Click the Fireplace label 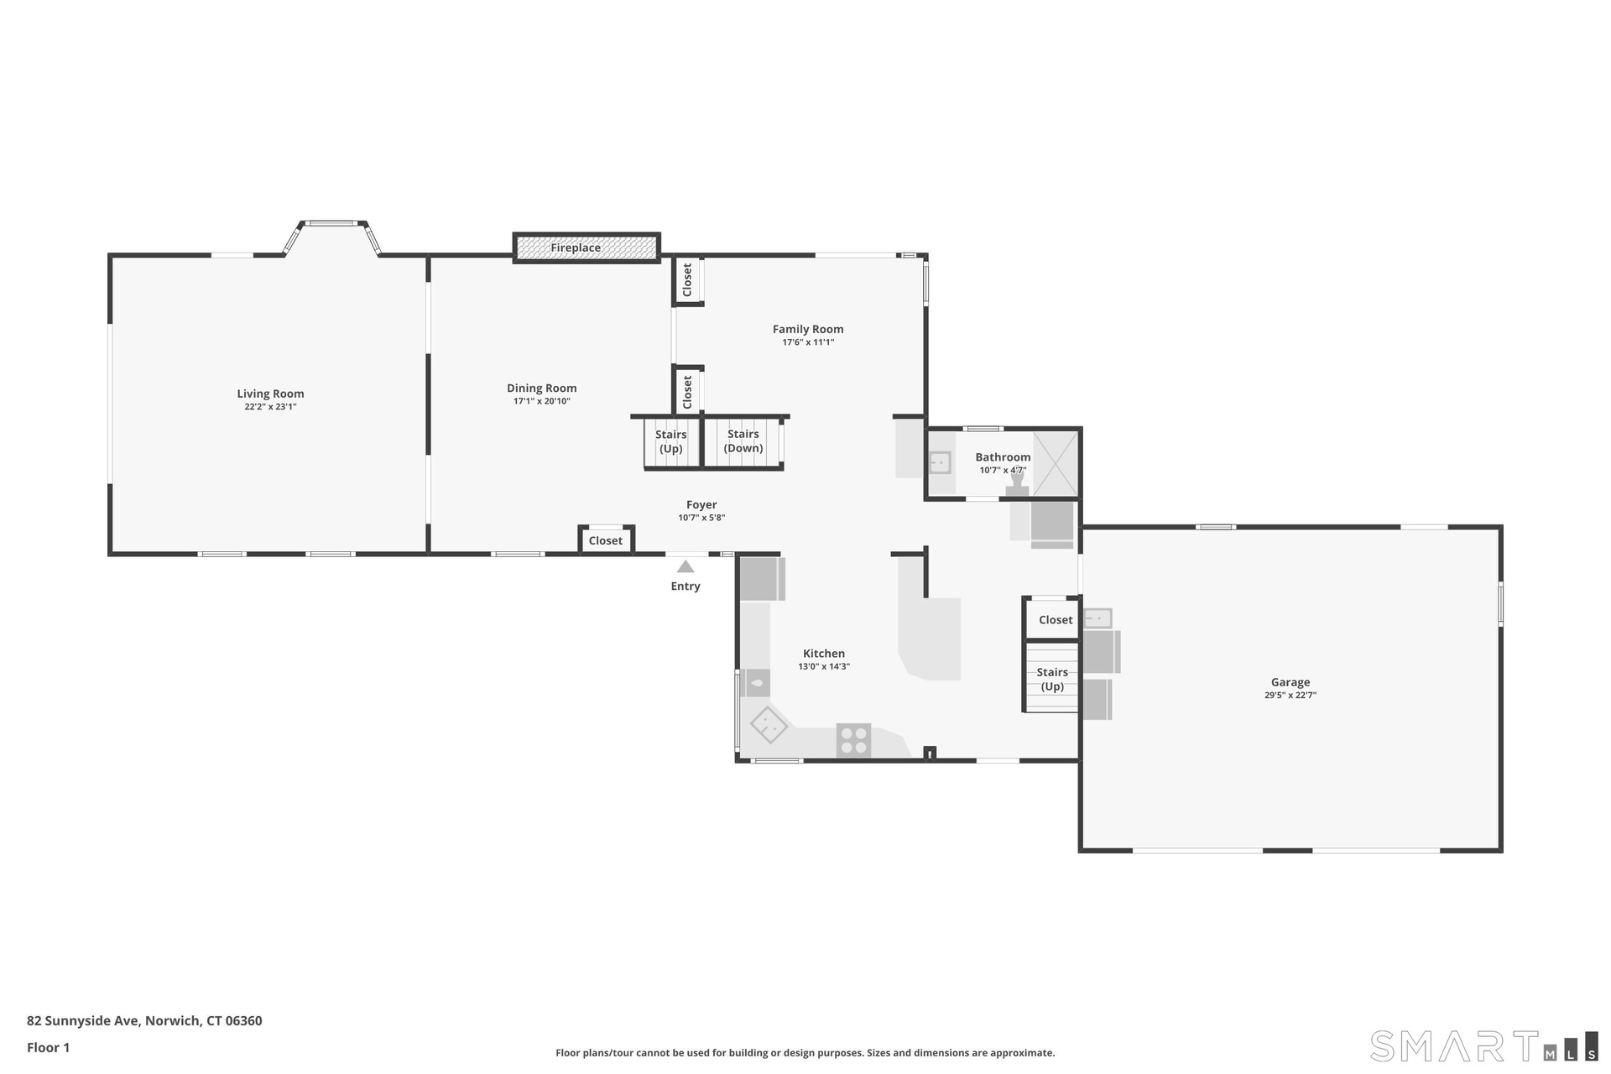576,248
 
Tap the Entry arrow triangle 686,566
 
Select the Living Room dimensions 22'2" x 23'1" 270,407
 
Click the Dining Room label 542,388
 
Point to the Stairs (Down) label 743,441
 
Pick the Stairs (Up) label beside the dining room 671,441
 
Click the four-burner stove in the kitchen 853,741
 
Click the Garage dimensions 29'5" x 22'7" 1290,696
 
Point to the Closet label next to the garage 1056,620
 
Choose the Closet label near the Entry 606,540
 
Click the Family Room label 808,329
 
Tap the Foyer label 701,504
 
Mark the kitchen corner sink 769,724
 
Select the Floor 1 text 49,1047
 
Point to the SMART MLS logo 1483,1045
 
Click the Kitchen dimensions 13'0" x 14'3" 824,667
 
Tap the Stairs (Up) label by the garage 1052,680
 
